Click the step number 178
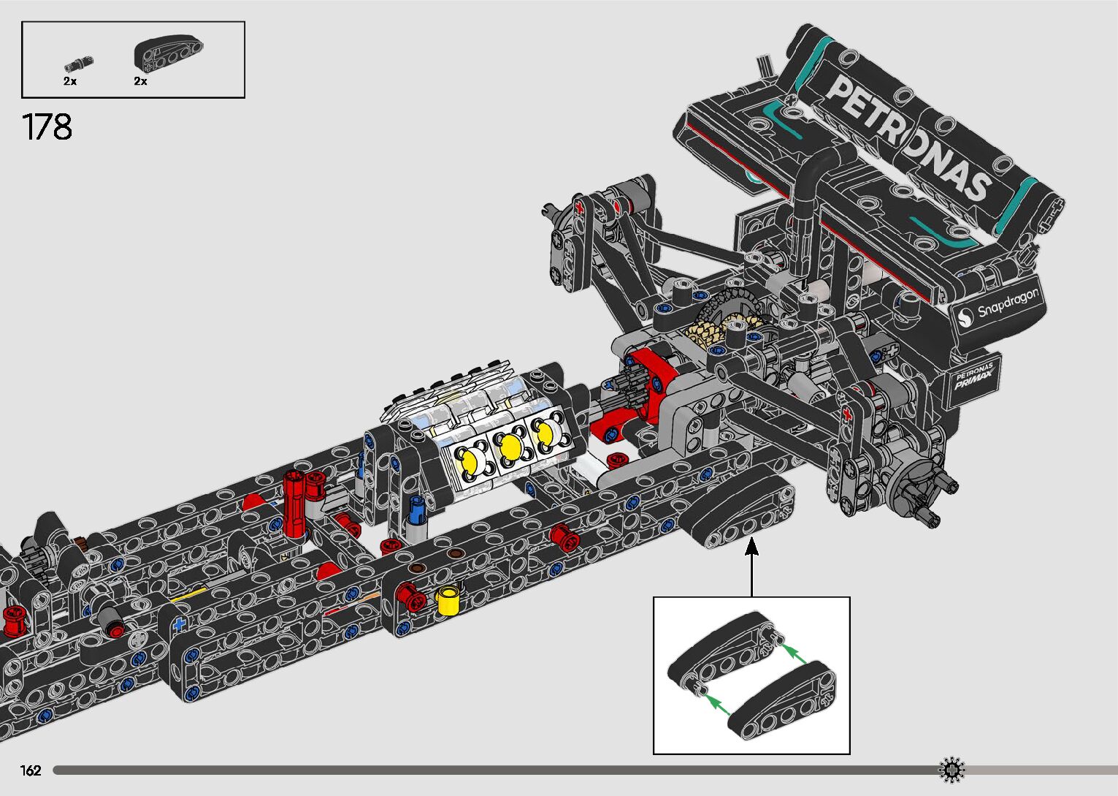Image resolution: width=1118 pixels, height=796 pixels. click(47, 127)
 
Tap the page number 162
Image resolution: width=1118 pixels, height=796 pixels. click(31, 770)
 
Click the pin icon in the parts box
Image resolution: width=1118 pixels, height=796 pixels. click(78, 64)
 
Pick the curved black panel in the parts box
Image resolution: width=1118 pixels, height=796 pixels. click(168, 52)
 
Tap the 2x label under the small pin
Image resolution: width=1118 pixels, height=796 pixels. click(70, 81)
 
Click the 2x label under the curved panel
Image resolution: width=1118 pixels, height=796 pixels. click(140, 81)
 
